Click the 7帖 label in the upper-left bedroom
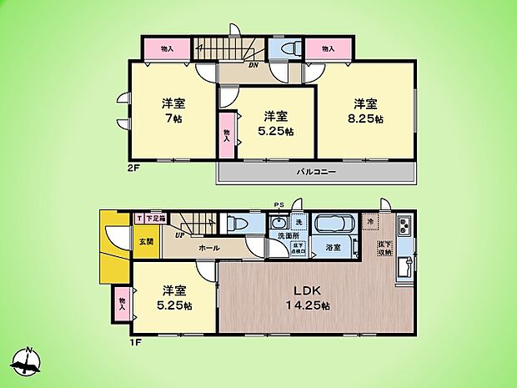173,119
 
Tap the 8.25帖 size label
367,119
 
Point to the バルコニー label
316,172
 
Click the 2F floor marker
133,167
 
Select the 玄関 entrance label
145,241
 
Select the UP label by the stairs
178,235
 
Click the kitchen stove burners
404,225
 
